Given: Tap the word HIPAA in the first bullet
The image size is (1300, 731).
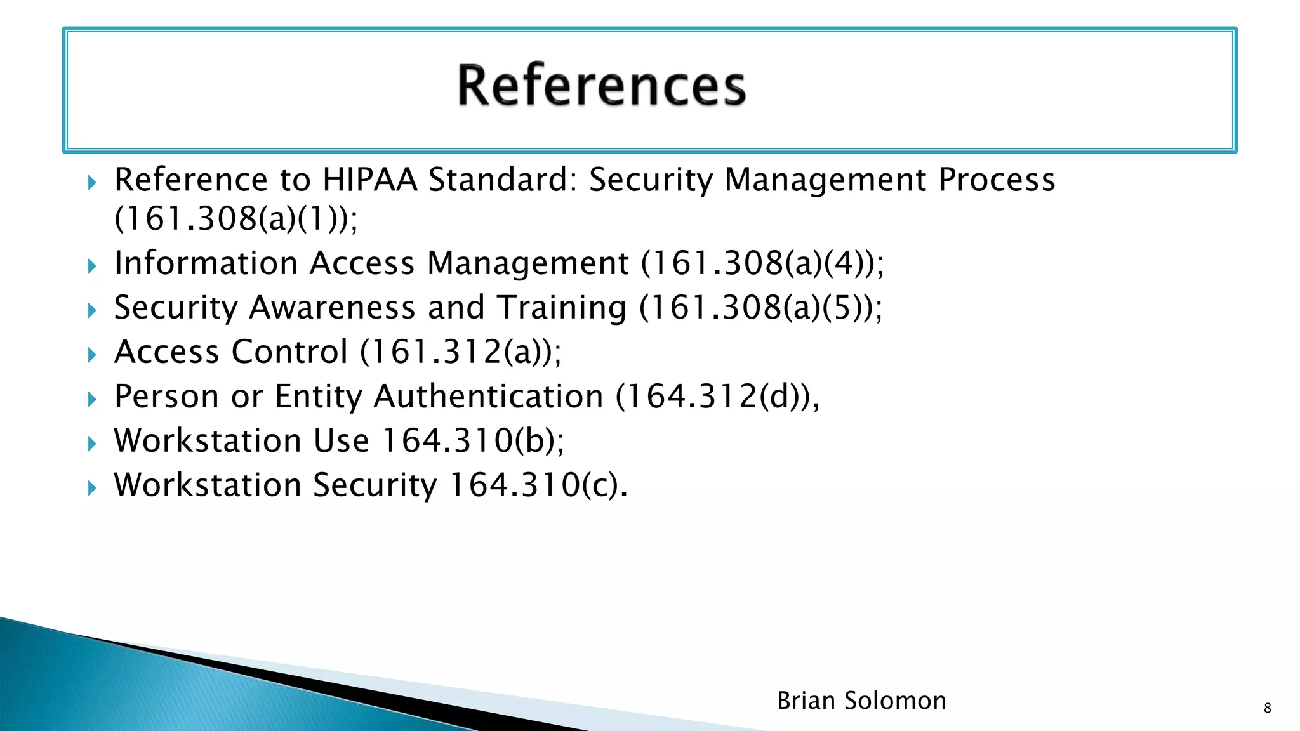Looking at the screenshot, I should [369, 180].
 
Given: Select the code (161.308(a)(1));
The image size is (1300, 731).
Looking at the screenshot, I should [236, 219].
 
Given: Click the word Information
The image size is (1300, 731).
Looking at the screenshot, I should [206, 263].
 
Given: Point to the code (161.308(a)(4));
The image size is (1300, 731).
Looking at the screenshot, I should [762, 263].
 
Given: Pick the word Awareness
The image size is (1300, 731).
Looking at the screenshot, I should [333, 308].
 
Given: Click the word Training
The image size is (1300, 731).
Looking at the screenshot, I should [561, 308].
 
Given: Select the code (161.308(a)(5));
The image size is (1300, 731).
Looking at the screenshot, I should [760, 308].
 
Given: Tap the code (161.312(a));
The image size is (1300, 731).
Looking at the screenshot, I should [461, 352].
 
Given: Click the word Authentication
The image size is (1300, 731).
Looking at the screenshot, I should [488, 397].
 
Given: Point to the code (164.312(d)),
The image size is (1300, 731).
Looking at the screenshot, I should [717, 397].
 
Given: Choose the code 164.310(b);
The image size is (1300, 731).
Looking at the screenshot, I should [473, 441].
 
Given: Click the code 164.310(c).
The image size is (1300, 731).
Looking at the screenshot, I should [538, 485].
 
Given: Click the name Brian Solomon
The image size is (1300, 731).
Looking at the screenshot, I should [861, 701].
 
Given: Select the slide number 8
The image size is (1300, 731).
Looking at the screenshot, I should [1267, 708].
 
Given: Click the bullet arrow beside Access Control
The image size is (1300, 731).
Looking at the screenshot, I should [92, 355].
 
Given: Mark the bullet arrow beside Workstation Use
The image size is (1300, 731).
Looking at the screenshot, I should [92, 444].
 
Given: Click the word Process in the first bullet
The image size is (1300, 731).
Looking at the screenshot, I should [997, 180].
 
